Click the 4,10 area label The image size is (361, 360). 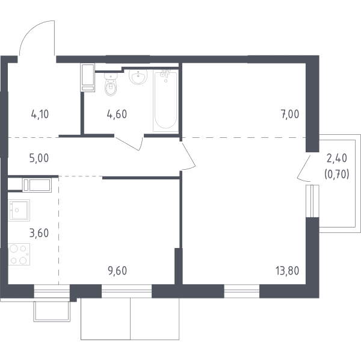pos(40,114)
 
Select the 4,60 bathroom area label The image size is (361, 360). pos(117,114)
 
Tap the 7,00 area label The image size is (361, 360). pos(290,114)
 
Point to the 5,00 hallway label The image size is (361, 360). pos(39,158)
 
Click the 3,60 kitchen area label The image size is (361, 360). pos(39,233)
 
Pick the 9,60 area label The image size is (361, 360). pos(117,271)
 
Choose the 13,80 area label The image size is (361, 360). pos(288,271)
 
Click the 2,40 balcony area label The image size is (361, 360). pos(337,158)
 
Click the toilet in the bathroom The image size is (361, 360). pos(111,84)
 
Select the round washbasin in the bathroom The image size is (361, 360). pos(138,76)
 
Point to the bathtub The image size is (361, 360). pos(165,101)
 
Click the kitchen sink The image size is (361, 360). pos(19,210)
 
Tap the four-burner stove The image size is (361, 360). pos(19,254)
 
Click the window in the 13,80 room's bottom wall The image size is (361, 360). pos(242,291)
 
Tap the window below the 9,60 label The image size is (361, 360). pos(126,291)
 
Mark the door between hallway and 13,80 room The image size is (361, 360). pos(188,156)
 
